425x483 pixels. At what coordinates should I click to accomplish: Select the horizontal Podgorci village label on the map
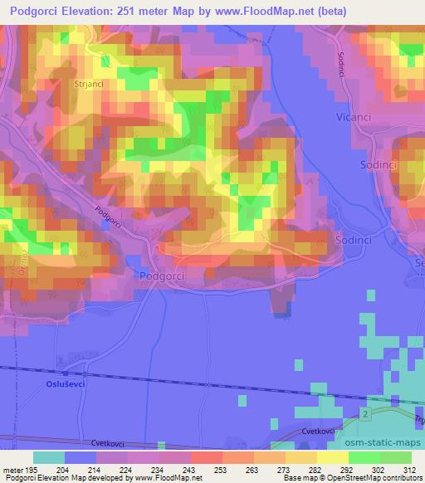(161, 276)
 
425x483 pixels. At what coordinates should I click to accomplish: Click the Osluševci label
(65, 384)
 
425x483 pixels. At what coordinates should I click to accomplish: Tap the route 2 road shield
(364, 412)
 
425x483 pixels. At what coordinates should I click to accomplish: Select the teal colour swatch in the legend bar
(49, 457)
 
